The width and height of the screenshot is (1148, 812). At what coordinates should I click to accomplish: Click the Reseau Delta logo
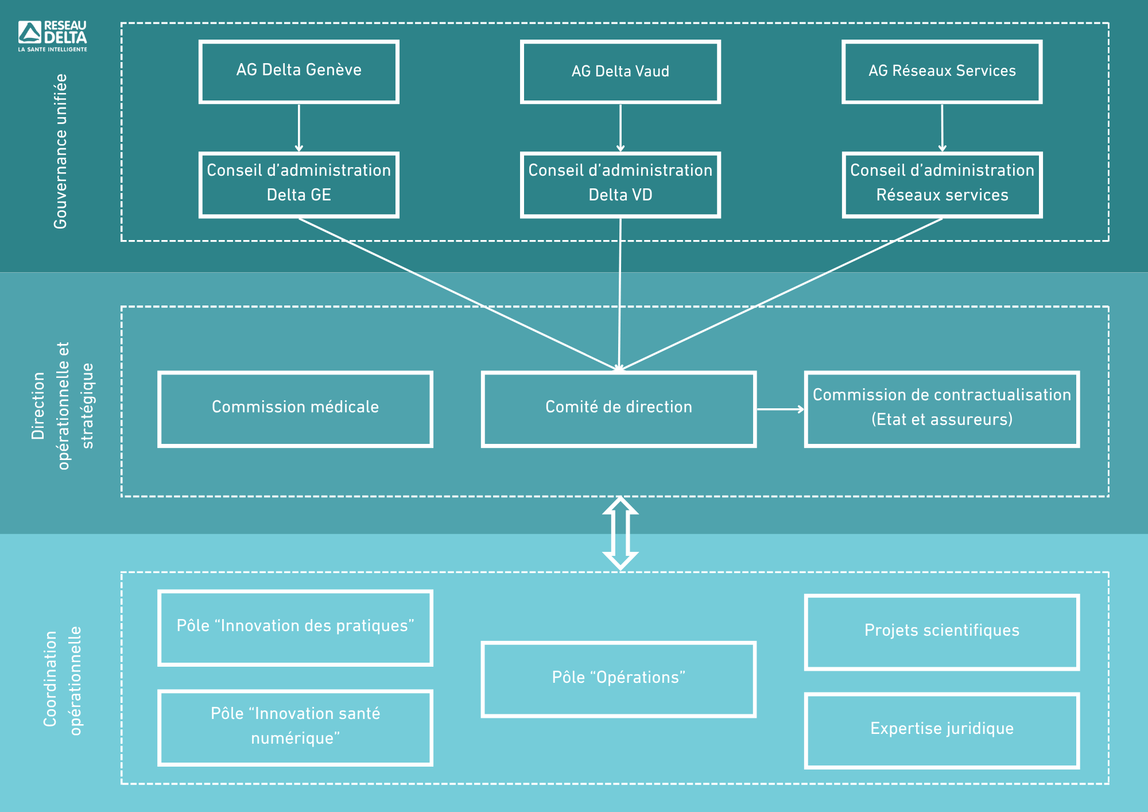52,36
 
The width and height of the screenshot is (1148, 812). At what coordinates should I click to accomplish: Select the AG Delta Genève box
298,72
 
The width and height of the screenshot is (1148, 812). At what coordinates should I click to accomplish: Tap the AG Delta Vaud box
620,72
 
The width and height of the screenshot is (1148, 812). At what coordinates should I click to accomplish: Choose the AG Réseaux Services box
942,72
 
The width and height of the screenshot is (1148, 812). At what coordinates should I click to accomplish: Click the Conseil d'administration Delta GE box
298,185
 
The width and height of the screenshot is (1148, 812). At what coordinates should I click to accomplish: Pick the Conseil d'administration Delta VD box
620,185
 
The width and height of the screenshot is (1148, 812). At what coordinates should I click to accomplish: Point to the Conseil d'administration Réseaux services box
942,185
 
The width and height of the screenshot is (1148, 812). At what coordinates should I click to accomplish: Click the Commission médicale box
295,409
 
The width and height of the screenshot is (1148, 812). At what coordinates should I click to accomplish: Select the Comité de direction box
619,409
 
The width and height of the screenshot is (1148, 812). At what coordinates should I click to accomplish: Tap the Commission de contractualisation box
942,409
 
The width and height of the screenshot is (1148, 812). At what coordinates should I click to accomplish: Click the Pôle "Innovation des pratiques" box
295,628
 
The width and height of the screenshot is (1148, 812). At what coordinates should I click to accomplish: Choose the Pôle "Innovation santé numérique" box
295,728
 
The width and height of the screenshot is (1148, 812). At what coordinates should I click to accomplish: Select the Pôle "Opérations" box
619,679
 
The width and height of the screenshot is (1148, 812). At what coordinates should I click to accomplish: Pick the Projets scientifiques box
942,632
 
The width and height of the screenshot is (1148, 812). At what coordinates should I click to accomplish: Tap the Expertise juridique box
942,730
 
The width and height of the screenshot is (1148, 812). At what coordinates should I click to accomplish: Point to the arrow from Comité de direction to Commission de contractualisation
781,409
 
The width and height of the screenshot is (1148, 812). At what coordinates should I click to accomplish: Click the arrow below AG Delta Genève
298,128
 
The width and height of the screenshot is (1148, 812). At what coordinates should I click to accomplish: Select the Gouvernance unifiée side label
60,151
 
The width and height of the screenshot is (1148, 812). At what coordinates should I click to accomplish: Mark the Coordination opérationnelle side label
63,680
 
